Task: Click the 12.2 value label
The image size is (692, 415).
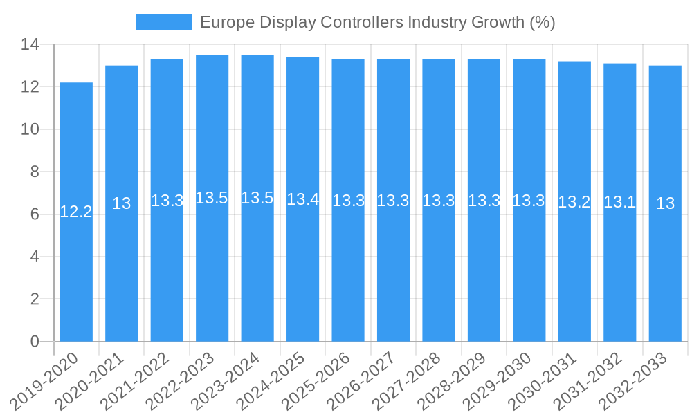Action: point(76,212)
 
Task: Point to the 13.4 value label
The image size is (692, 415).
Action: point(302,200)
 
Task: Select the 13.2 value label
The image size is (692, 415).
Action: point(574,202)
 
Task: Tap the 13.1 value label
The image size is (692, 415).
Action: point(619,202)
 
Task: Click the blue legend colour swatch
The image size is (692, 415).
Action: point(164,22)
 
